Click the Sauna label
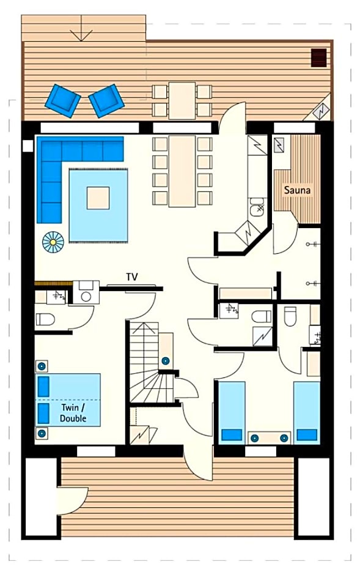[x=298, y=190]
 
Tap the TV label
[x=132, y=277]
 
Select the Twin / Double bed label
[x=73, y=413]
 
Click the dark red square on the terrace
[x=318, y=58]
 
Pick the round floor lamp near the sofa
[x=53, y=242]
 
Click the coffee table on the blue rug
[x=98, y=198]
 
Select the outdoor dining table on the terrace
[x=182, y=100]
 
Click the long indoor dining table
[x=182, y=171]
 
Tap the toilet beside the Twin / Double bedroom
[x=45, y=319]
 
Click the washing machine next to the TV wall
[x=86, y=292]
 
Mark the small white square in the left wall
[x=28, y=146]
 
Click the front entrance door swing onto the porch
[x=198, y=461]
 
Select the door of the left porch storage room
[x=73, y=501]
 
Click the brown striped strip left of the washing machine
[x=53, y=283]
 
